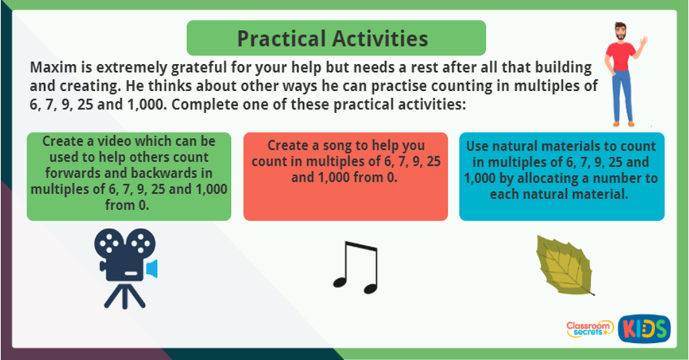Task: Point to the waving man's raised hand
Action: (642, 42)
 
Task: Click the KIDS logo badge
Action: (644, 329)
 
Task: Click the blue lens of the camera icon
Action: (152, 268)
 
